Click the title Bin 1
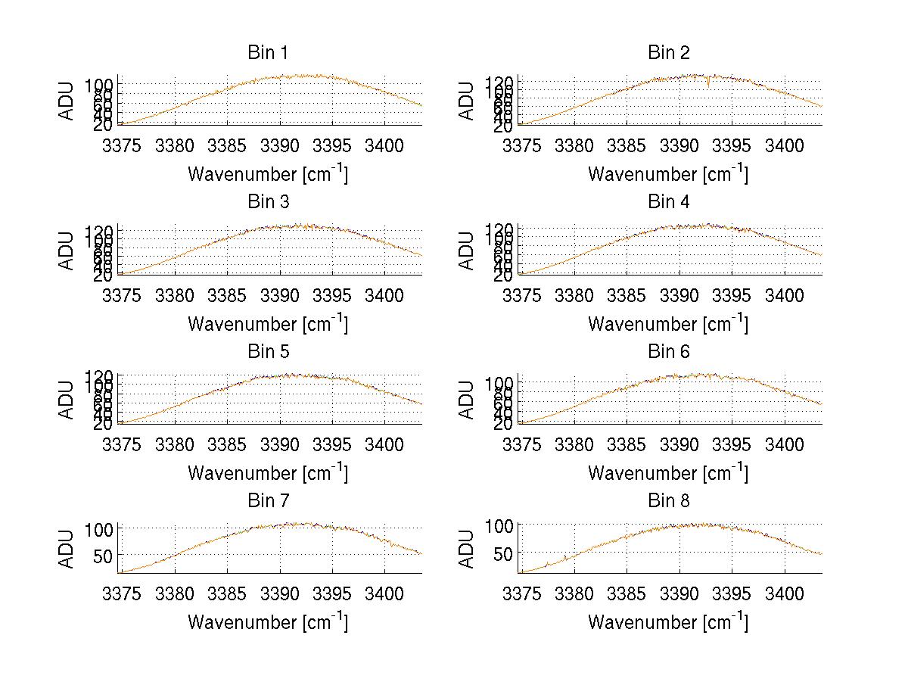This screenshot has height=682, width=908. [x=268, y=53]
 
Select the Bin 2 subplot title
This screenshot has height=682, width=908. [x=669, y=53]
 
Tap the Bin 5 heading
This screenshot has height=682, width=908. [x=268, y=352]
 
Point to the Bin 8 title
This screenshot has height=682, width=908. [x=669, y=501]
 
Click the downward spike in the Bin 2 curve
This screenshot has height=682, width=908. [x=708, y=84]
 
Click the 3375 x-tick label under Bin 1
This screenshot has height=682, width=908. [x=122, y=145]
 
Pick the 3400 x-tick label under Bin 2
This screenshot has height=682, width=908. [x=785, y=145]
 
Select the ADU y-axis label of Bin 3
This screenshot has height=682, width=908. [x=67, y=251]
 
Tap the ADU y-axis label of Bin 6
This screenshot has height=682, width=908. [x=468, y=400]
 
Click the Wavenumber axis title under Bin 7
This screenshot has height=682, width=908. [x=268, y=622]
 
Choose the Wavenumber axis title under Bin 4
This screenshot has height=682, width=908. [x=668, y=324]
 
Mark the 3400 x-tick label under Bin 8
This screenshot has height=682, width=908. [x=785, y=593]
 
